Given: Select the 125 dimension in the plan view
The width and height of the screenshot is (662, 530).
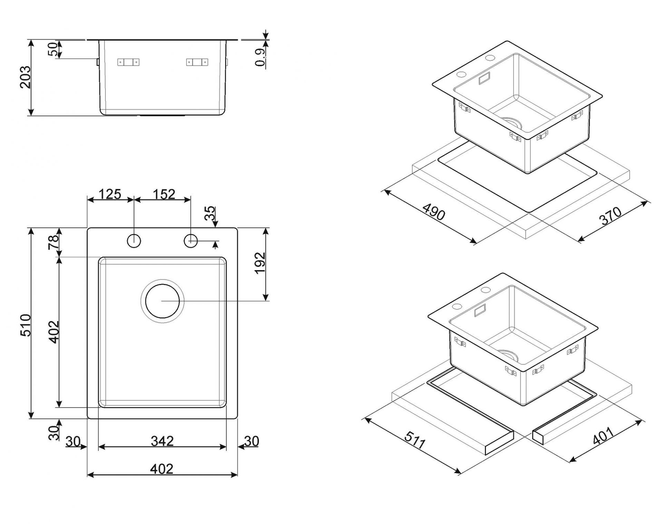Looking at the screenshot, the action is pyautogui.click(x=110, y=194).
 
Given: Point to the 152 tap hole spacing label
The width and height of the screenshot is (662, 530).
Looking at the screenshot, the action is pyautogui.click(x=164, y=194).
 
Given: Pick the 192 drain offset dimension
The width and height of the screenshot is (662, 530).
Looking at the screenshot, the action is pyautogui.click(x=260, y=263).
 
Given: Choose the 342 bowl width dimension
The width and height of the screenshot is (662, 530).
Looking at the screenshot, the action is pyautogui.click(x=162, y=441).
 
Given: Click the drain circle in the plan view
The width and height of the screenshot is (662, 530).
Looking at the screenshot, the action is pyautogui.click(x=162, y=301).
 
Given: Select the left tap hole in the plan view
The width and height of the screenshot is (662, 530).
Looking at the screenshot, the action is pyautogui.click(x=134, y=241).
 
